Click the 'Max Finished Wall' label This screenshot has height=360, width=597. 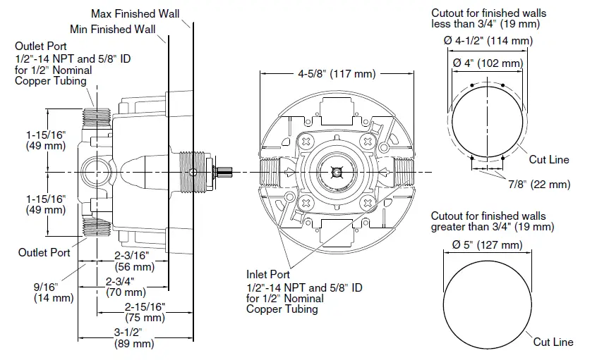tap(135, 13)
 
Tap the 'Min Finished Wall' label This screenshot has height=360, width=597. tap(113, 29)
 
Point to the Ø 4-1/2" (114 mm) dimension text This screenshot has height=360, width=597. tap(488, 42)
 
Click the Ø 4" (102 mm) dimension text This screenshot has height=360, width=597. tap(488, 63)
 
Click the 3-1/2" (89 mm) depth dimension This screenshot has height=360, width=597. tap(134, 337)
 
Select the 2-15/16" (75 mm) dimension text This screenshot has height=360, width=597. tap(145, 311)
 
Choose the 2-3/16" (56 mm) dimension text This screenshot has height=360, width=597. tap(134, 261)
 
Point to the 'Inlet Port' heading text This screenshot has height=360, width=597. tap(267, 274)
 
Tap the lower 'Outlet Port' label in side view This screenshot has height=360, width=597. tap(44, 252)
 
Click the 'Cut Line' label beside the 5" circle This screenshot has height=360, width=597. tap(553, 342)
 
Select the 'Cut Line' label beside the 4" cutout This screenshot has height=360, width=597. tap(549, 160)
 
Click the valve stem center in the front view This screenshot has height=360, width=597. tap(335, 171)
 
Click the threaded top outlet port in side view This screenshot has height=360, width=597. tap(95, 117)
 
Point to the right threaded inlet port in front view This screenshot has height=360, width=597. tap(402, 171)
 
